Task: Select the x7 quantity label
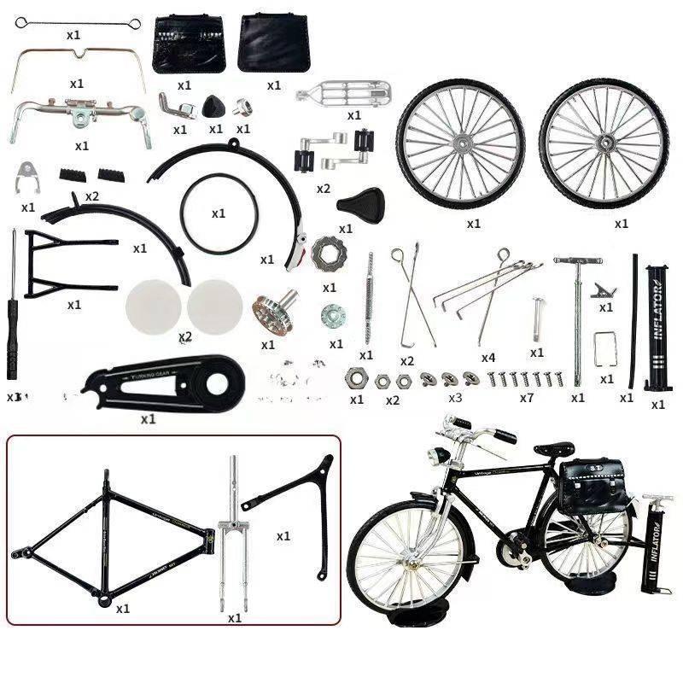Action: click(x=527, y=398)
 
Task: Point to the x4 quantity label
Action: click(x=487, y=358)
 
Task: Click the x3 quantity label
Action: click(x=455, y=398)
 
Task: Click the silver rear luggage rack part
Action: click(x=344, y=92)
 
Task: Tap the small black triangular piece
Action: click(x=213, y=106)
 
